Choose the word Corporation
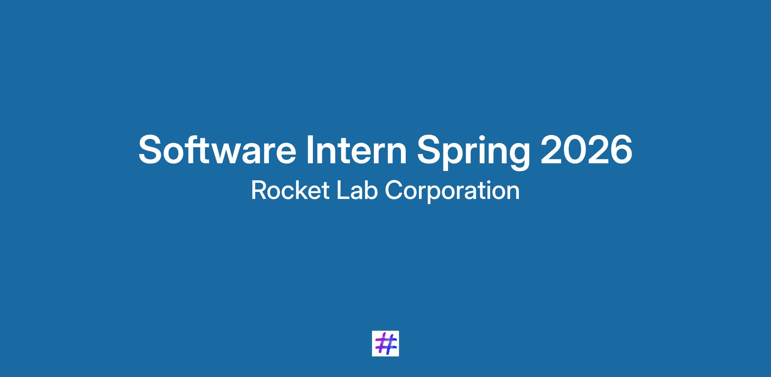(452, 192)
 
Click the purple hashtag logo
(385, 343)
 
